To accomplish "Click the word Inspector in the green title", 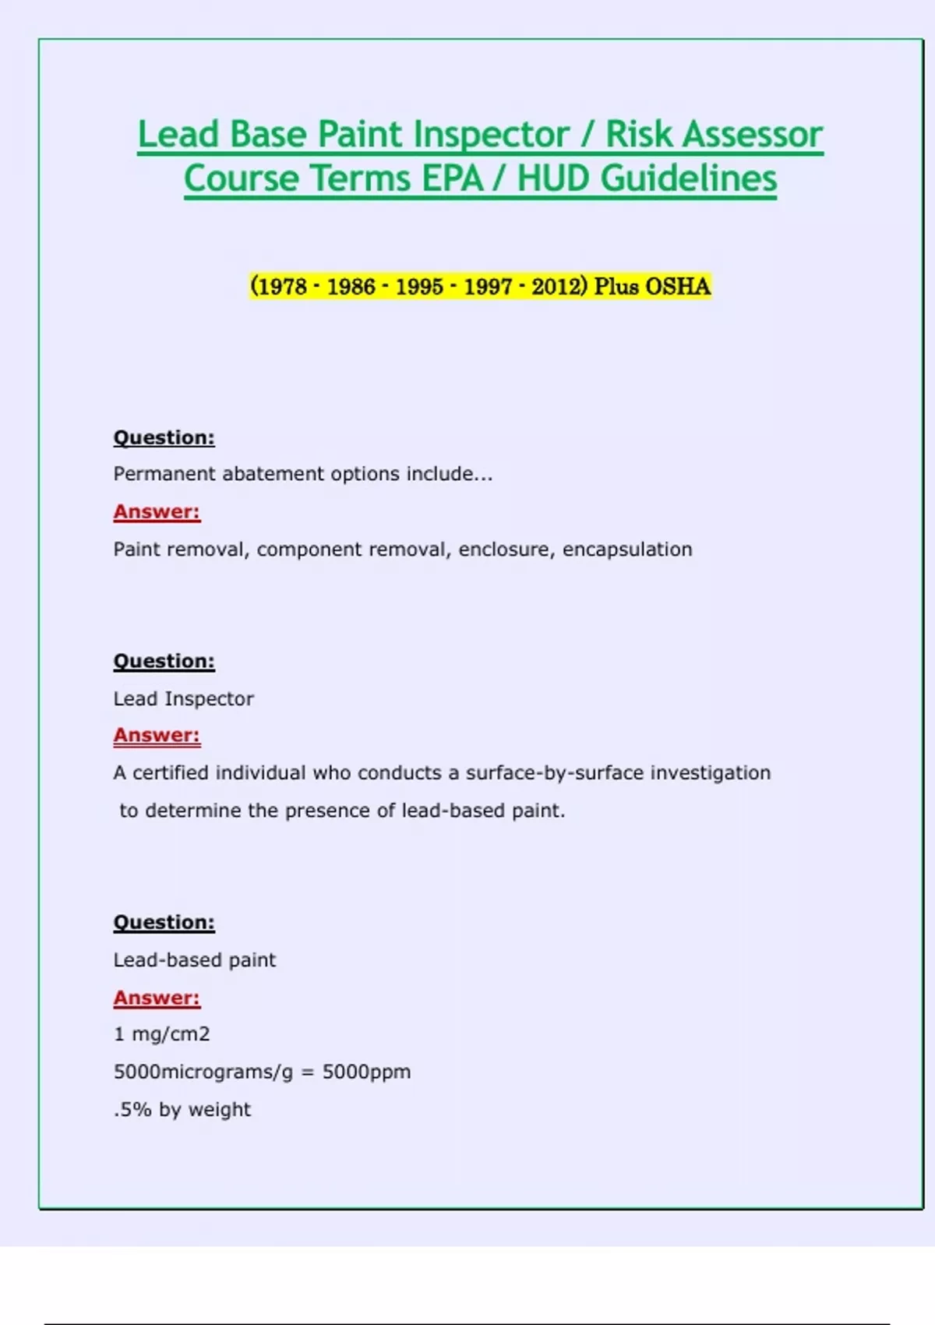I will point(491,134).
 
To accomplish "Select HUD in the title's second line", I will point(552,178).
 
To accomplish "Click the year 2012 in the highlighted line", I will point(556,287).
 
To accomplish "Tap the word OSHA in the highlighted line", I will point(678,287).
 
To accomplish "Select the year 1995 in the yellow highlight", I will point(419,287).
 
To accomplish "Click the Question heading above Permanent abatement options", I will point(164,437).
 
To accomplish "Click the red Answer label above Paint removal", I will point(157,512).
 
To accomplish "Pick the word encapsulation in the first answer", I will point(627,549).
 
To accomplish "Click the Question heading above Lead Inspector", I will point(164,661).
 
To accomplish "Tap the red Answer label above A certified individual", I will point(157,735).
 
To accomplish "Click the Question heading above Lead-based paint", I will point(164,922).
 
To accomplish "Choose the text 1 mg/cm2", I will point(162,1034).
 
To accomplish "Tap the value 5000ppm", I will point(366,1072).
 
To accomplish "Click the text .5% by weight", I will point(182,1110).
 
